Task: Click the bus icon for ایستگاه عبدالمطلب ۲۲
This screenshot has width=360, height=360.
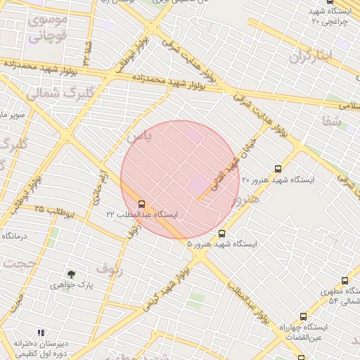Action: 143,203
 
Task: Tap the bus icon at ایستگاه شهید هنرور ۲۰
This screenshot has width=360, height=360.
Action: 278,169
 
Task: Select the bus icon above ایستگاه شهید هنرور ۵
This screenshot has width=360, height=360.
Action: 222,233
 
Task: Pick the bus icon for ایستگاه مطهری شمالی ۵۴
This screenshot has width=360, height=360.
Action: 345,281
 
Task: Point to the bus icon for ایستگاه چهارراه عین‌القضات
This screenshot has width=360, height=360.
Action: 303,316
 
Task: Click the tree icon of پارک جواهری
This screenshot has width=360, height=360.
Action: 71,274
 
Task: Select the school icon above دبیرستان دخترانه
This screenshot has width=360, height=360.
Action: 41,332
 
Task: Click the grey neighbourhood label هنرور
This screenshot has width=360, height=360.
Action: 246,199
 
